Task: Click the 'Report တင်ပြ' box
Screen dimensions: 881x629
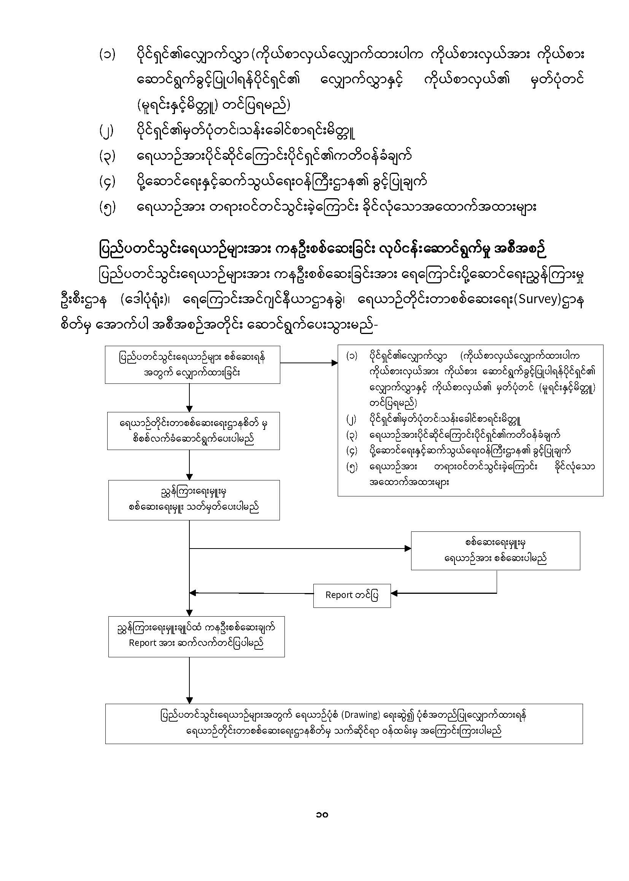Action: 352,595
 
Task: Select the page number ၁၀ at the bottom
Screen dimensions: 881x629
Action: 322,814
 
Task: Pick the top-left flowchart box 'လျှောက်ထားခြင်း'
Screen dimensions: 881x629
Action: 192,364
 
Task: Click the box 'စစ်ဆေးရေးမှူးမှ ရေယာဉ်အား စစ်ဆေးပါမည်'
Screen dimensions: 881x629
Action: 496,550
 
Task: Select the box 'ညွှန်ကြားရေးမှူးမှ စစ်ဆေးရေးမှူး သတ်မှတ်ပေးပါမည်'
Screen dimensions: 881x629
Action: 194,500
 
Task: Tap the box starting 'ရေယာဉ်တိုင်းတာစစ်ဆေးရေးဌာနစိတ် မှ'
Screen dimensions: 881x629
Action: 193,431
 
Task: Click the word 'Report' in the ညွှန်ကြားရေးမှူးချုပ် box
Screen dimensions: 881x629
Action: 142,643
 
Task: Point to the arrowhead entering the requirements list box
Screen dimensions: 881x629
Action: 335,363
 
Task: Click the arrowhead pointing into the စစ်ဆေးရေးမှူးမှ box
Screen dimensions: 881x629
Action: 408,549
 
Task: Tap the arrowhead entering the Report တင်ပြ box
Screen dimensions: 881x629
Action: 394,593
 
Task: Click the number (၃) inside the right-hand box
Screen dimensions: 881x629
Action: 352,435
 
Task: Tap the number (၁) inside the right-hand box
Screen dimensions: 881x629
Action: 352,356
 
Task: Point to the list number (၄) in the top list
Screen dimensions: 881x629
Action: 107,183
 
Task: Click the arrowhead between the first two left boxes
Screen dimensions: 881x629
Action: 189,409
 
